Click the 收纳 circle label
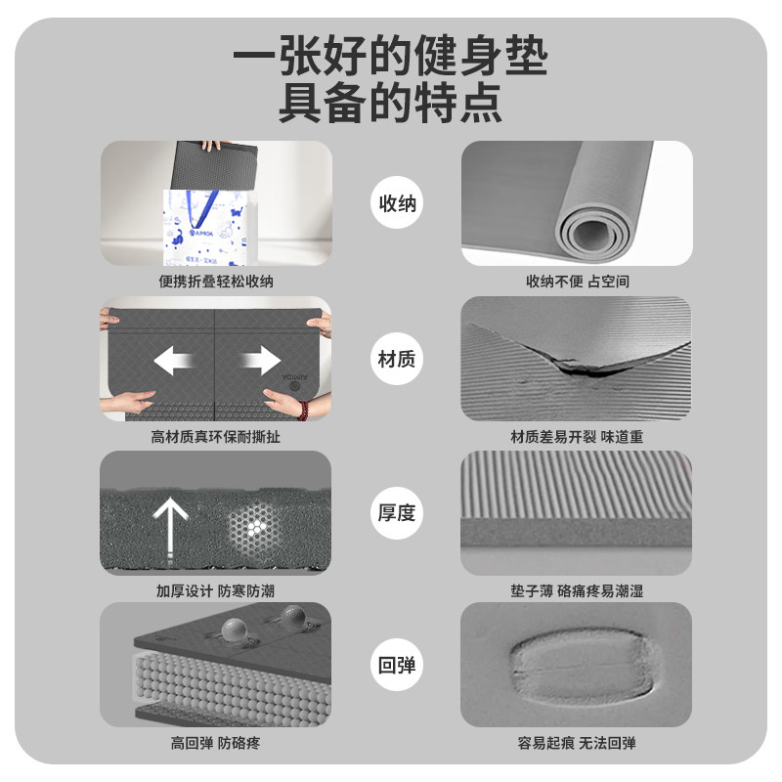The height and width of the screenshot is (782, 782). [397, 203]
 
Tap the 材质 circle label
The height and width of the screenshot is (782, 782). [397, 359]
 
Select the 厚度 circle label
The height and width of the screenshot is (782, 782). [397, 511]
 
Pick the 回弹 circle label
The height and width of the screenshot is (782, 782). [397, 666]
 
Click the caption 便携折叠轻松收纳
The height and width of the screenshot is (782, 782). [215, 282]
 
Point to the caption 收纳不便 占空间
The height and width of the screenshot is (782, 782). [577, 282]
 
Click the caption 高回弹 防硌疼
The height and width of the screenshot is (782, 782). [215, 744]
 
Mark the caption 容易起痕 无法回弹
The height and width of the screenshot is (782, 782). [577, 744]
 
